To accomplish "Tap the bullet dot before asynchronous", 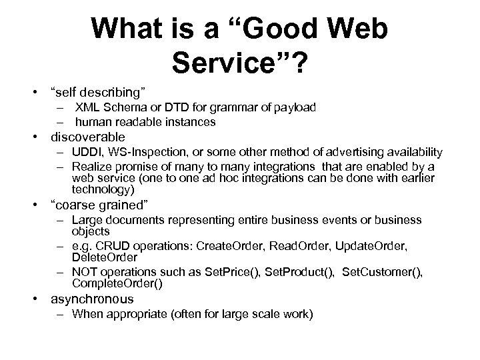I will coord(40,299).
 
